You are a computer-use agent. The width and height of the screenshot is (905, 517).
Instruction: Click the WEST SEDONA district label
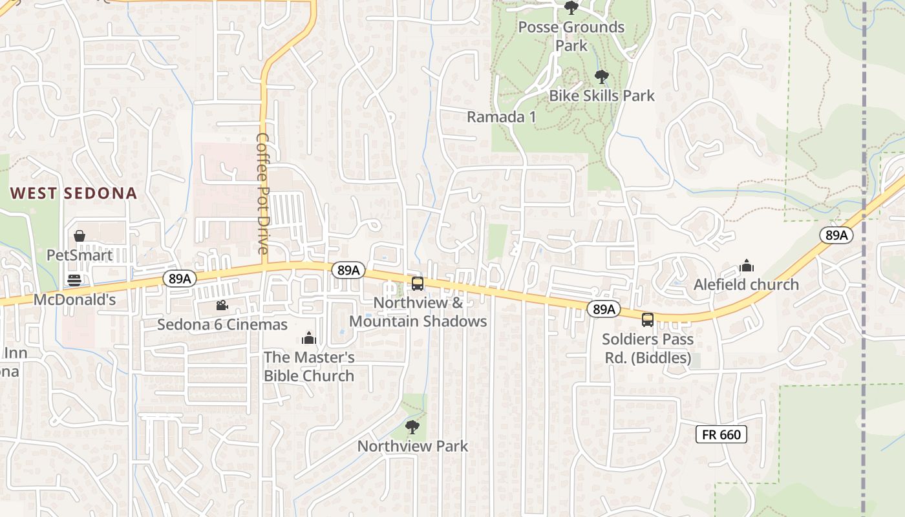74,193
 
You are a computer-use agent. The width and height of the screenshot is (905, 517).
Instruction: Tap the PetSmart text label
80,255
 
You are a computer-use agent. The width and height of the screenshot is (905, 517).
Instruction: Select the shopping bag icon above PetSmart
80,236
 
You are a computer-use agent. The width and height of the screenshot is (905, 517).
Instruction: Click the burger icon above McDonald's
74,280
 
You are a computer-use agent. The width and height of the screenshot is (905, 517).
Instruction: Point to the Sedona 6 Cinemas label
222,324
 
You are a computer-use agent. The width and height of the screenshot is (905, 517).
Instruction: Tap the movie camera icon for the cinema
222,305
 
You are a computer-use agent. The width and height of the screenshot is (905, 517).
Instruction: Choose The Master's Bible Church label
309,366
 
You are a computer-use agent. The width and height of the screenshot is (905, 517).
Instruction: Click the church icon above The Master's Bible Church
309,338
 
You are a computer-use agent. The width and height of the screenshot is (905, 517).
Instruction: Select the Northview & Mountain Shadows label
418,312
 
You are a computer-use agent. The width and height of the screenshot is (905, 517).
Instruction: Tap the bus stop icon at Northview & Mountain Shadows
418,283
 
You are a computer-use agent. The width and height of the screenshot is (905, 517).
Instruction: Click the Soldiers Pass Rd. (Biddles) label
648,348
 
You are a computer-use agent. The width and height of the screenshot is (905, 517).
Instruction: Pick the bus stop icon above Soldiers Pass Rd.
648,319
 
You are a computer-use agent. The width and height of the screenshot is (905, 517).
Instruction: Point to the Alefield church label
746,284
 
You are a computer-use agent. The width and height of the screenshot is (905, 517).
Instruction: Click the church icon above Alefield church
747,266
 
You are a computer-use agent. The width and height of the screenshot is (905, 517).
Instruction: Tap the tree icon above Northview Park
412,427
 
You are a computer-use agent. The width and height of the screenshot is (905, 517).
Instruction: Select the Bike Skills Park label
602,96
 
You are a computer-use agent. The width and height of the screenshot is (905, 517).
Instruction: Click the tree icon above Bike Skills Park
602,77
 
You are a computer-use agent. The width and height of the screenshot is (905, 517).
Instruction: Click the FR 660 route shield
721,434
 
